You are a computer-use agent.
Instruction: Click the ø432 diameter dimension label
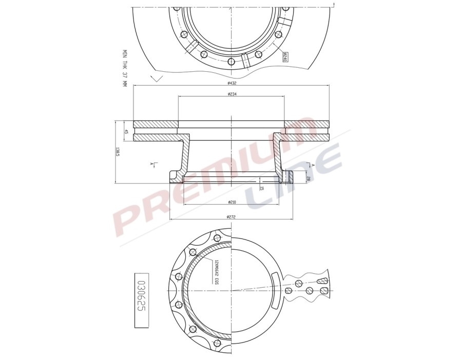231,83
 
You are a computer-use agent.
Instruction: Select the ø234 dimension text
231,94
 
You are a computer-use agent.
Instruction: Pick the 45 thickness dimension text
126,131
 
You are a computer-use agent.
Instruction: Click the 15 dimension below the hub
262,188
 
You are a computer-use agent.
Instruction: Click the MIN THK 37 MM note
124,67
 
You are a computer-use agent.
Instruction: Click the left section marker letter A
152,164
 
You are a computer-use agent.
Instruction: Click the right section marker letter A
312,165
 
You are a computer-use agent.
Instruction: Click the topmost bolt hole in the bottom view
217,237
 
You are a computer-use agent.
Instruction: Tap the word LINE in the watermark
293,174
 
